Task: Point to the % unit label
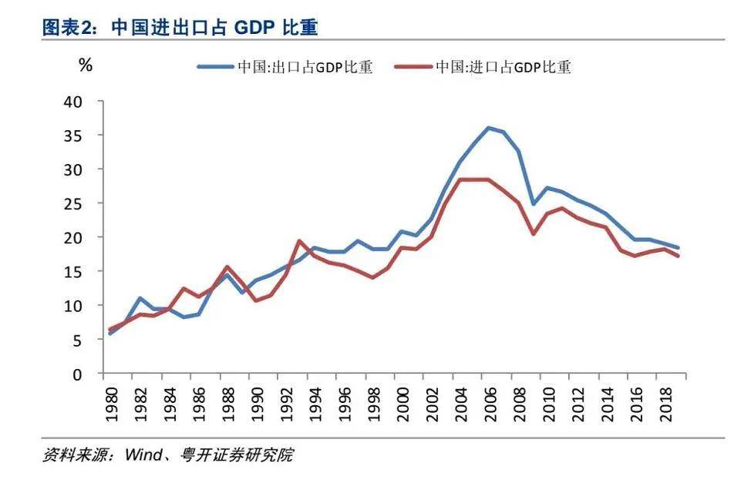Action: [x=86, y=65]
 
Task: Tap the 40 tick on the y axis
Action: [x=84, y=102]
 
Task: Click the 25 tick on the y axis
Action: [x=84, y=203]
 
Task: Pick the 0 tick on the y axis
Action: [x=89, y=374]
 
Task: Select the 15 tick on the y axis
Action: [x=84, y=272]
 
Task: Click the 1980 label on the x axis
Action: [x=111, y=403]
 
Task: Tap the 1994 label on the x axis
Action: [x=315, y=403]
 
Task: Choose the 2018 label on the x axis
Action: [x=665, y=403]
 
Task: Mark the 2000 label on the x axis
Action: [x=403, y=403]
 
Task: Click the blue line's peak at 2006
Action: [x=488, y=128]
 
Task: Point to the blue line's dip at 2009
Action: [x=532, y=204]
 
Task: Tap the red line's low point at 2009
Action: [x=532, y=233]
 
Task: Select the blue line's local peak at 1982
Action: [x=140, y=298]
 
